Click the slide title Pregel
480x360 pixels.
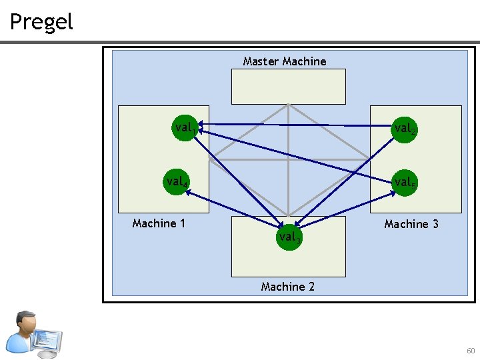[41, 22]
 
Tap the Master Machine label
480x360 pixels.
[285, 61]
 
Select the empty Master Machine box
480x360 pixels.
[288, 87]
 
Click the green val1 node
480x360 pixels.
[184, 127]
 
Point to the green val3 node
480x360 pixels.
[289, 237]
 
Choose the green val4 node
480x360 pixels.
[177, 181]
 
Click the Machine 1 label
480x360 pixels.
[159, 223]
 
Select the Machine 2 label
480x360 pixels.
[287, 287]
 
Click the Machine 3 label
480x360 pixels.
[411, 224]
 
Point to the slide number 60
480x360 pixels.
[471, 351]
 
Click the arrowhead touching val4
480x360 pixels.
[188, 193]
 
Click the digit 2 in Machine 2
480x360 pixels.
[311, 287]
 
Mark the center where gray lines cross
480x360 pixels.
[288, 159]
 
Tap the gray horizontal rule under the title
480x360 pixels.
[240, 43]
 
